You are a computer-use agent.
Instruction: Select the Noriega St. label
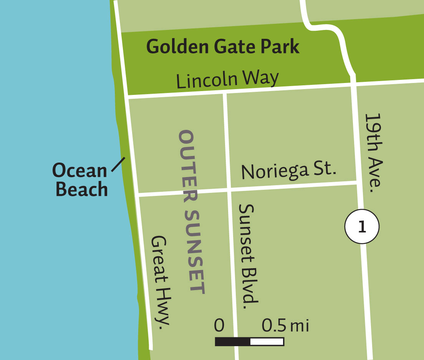[289, 171]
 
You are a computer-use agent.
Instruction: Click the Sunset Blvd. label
[247, 254]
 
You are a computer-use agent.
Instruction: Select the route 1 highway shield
[362, 227]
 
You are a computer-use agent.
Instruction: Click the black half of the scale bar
[232, 342]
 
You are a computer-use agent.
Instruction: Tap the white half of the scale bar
[267, 342]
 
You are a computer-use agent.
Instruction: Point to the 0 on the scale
[219, 326]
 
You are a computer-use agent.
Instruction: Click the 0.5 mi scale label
[285, 326]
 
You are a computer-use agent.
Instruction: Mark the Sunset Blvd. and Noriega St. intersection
[229, 189]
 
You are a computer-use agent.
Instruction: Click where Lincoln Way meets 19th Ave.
[354, 83]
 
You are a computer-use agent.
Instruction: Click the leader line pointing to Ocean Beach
[118, 164]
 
